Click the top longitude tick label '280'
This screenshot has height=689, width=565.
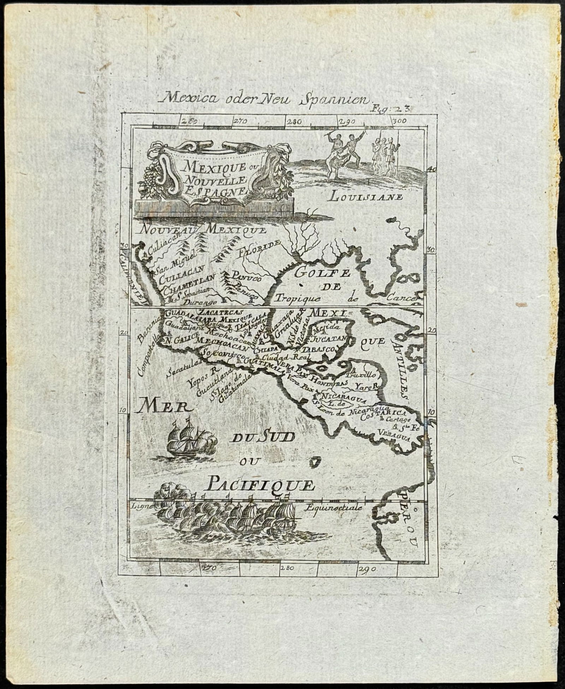tap(294, 122)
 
